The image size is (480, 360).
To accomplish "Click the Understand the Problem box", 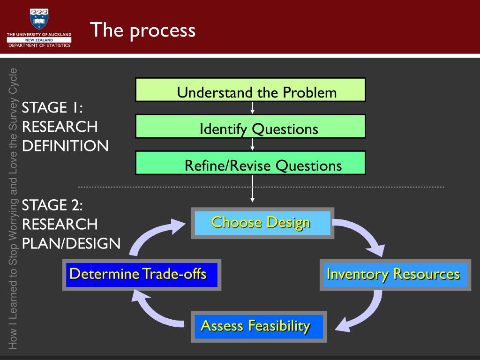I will pyautogui.click(x=250, y=90).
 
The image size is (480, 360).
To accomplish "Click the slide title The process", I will pyautogui.click(x=143, y=30).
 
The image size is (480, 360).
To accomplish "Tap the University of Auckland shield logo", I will pyautogui.click(x=39, y=18).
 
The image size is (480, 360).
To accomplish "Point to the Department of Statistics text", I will pyautogui.click(x=39, y=45).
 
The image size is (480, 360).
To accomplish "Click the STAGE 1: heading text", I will pyautogui.click(x=52, y=108).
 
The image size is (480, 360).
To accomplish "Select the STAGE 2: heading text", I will pyautogui.click(x=52, y=205).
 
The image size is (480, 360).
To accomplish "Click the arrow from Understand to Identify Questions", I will pyautogui.click(x=252, y=108).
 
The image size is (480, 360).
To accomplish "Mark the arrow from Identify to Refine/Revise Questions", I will pyautogui.click(x=252, y=144).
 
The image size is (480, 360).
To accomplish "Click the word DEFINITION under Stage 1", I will pyautogui.click(x=65, y=146).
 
